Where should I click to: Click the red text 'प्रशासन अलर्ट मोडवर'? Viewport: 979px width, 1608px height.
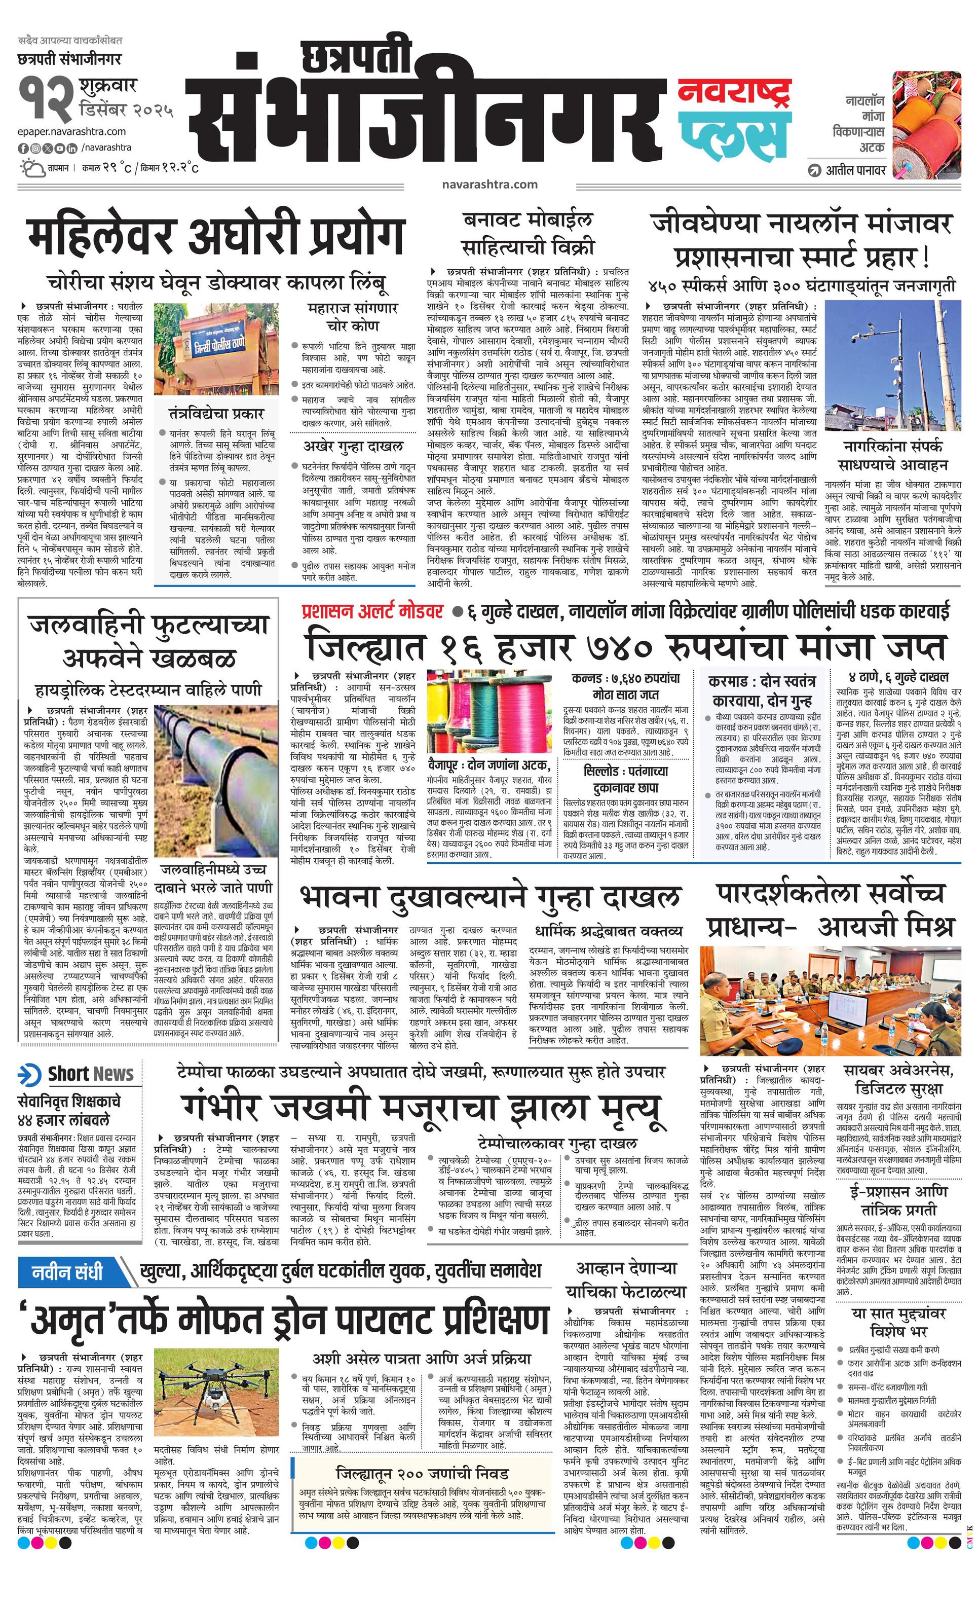[x=372, y=611]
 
